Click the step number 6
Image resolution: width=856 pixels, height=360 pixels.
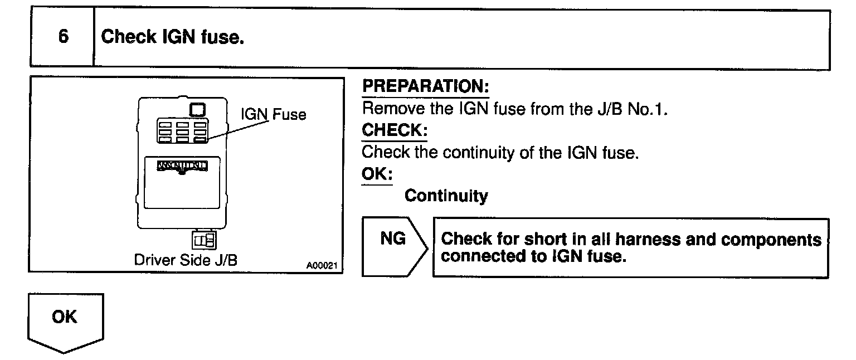click(63, 37)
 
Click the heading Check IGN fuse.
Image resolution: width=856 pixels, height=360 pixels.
click(173, 37)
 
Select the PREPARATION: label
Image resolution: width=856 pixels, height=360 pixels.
click(425, 87)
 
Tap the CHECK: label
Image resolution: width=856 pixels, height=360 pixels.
click(395, 130)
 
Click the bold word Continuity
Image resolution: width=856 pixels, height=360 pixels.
click(446, 196)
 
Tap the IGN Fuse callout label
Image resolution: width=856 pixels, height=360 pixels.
click(273, 115)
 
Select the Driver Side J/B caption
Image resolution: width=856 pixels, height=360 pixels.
click(186, 260)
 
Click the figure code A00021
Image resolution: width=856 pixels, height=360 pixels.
click(323, 266)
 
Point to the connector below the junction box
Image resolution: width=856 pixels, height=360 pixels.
click(204, 240)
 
